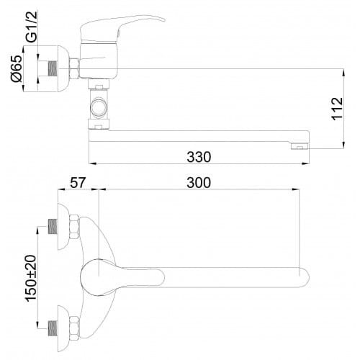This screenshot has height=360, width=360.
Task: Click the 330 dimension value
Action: click(199, 157)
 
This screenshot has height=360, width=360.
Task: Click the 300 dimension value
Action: click(199, 182)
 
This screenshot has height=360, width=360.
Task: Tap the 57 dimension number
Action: click(78, 182)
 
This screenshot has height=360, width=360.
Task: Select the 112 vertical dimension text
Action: click(337, 108)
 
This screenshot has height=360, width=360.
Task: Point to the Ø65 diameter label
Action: click(17, 68)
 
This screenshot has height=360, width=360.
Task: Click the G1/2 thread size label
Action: click(32, 27)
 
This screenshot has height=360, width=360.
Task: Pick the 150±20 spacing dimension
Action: click(31, 278)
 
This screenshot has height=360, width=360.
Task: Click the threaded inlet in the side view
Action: click(53, 68)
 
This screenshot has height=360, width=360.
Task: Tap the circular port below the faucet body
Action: click(99, 107)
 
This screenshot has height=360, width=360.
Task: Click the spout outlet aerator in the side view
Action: click(300, 146)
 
